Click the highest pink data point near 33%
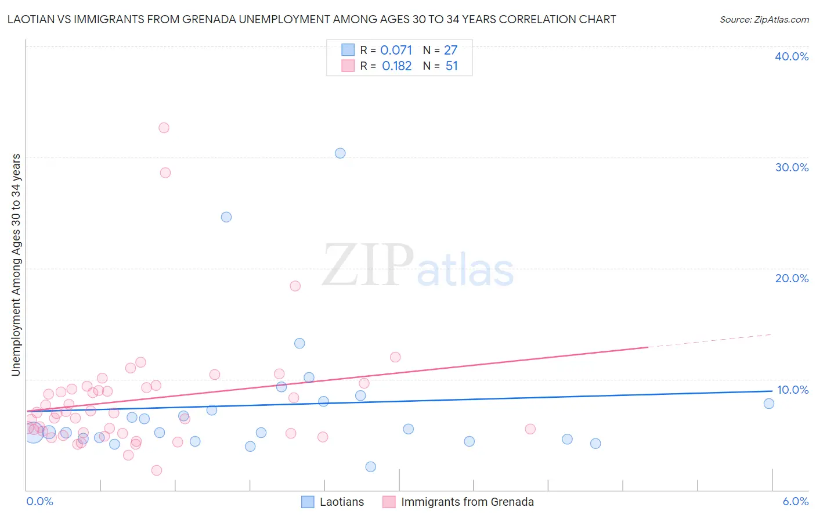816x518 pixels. point(164,128)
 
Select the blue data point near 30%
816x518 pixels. point(340,153)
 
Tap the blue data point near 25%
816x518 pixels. point(226,217)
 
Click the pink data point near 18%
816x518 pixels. point(295,286)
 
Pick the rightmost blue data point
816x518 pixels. point(769,404)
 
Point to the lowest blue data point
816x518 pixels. point(371,467)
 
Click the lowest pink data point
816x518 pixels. point(157,470)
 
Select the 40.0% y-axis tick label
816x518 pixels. point(792,56)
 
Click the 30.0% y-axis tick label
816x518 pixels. point(792,167)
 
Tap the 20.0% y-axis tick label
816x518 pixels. point(792,278)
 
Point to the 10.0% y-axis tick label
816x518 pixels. point(793,390)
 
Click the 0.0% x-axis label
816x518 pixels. point(39,501)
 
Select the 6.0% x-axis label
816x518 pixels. point(796,501)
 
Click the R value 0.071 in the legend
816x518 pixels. point(396,51)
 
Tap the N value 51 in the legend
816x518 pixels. point(452,66)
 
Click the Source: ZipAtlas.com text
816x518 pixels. point(764,20)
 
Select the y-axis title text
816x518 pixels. point(16,265)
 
